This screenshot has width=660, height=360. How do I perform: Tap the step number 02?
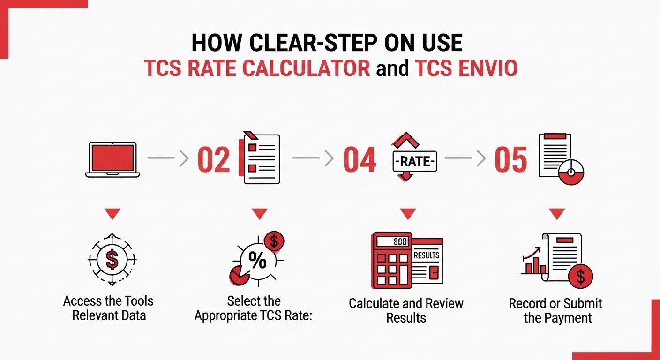214,159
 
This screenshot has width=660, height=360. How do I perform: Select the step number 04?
360,159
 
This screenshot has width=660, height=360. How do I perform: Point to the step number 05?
510,159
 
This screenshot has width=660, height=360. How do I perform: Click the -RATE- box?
414,161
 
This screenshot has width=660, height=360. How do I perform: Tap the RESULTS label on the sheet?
427,255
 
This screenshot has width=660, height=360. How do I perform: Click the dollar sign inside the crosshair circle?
112,260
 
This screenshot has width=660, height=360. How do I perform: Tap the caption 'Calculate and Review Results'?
406,310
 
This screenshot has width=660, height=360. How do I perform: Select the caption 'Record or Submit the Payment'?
555,310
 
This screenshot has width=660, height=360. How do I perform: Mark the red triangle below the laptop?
112,214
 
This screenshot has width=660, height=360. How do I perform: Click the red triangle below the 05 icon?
556,214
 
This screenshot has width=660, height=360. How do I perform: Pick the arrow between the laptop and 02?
168,159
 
